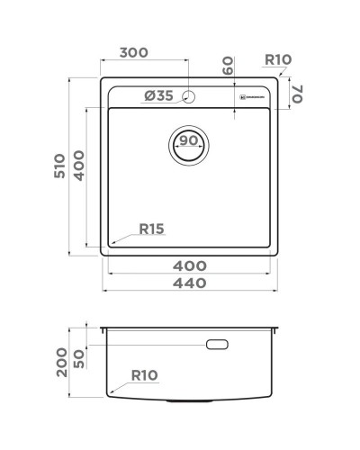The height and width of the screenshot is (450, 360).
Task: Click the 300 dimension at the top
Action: point(133,53)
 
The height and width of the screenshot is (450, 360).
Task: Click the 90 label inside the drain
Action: point(188,141)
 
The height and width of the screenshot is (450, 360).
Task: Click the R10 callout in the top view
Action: point(278,60)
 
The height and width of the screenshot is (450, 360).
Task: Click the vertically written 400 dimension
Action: point(79,165)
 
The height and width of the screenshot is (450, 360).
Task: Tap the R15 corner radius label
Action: point(151,229)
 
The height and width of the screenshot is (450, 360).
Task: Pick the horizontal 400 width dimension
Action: point(189,265)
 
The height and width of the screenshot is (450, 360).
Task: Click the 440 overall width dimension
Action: point(189,283)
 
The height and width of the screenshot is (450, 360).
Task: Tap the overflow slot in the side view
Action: point(219,344)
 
